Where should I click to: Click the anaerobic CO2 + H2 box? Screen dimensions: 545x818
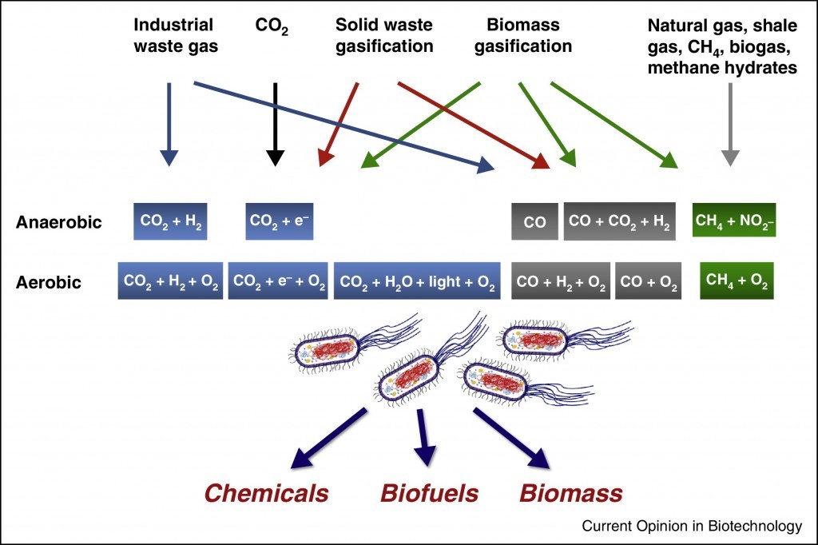[x=170, y=221]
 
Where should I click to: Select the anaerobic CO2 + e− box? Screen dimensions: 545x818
[x=279, y=221]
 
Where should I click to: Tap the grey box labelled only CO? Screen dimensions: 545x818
[x=535, y=222]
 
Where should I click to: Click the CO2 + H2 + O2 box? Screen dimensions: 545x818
[x=170, y=281]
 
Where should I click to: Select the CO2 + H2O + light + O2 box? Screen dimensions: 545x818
[x=417, y=281]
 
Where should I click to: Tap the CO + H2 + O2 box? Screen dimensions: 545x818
[x=561, y=281]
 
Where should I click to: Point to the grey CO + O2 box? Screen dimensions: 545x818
[x=648, y=281]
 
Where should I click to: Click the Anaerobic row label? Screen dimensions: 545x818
[x=59, y=222]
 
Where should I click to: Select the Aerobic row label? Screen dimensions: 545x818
[x=49, y=282]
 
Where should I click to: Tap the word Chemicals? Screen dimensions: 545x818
[x=266, y=492]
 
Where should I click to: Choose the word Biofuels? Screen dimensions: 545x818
[x=430, y=492]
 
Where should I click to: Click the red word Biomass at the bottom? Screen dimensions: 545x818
[x=571, y=492]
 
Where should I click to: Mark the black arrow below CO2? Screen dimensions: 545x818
[x=275, y=124]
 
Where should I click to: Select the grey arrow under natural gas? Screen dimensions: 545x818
[x=729, y=124]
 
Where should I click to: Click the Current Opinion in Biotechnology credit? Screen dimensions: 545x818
[x=692, y=526]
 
